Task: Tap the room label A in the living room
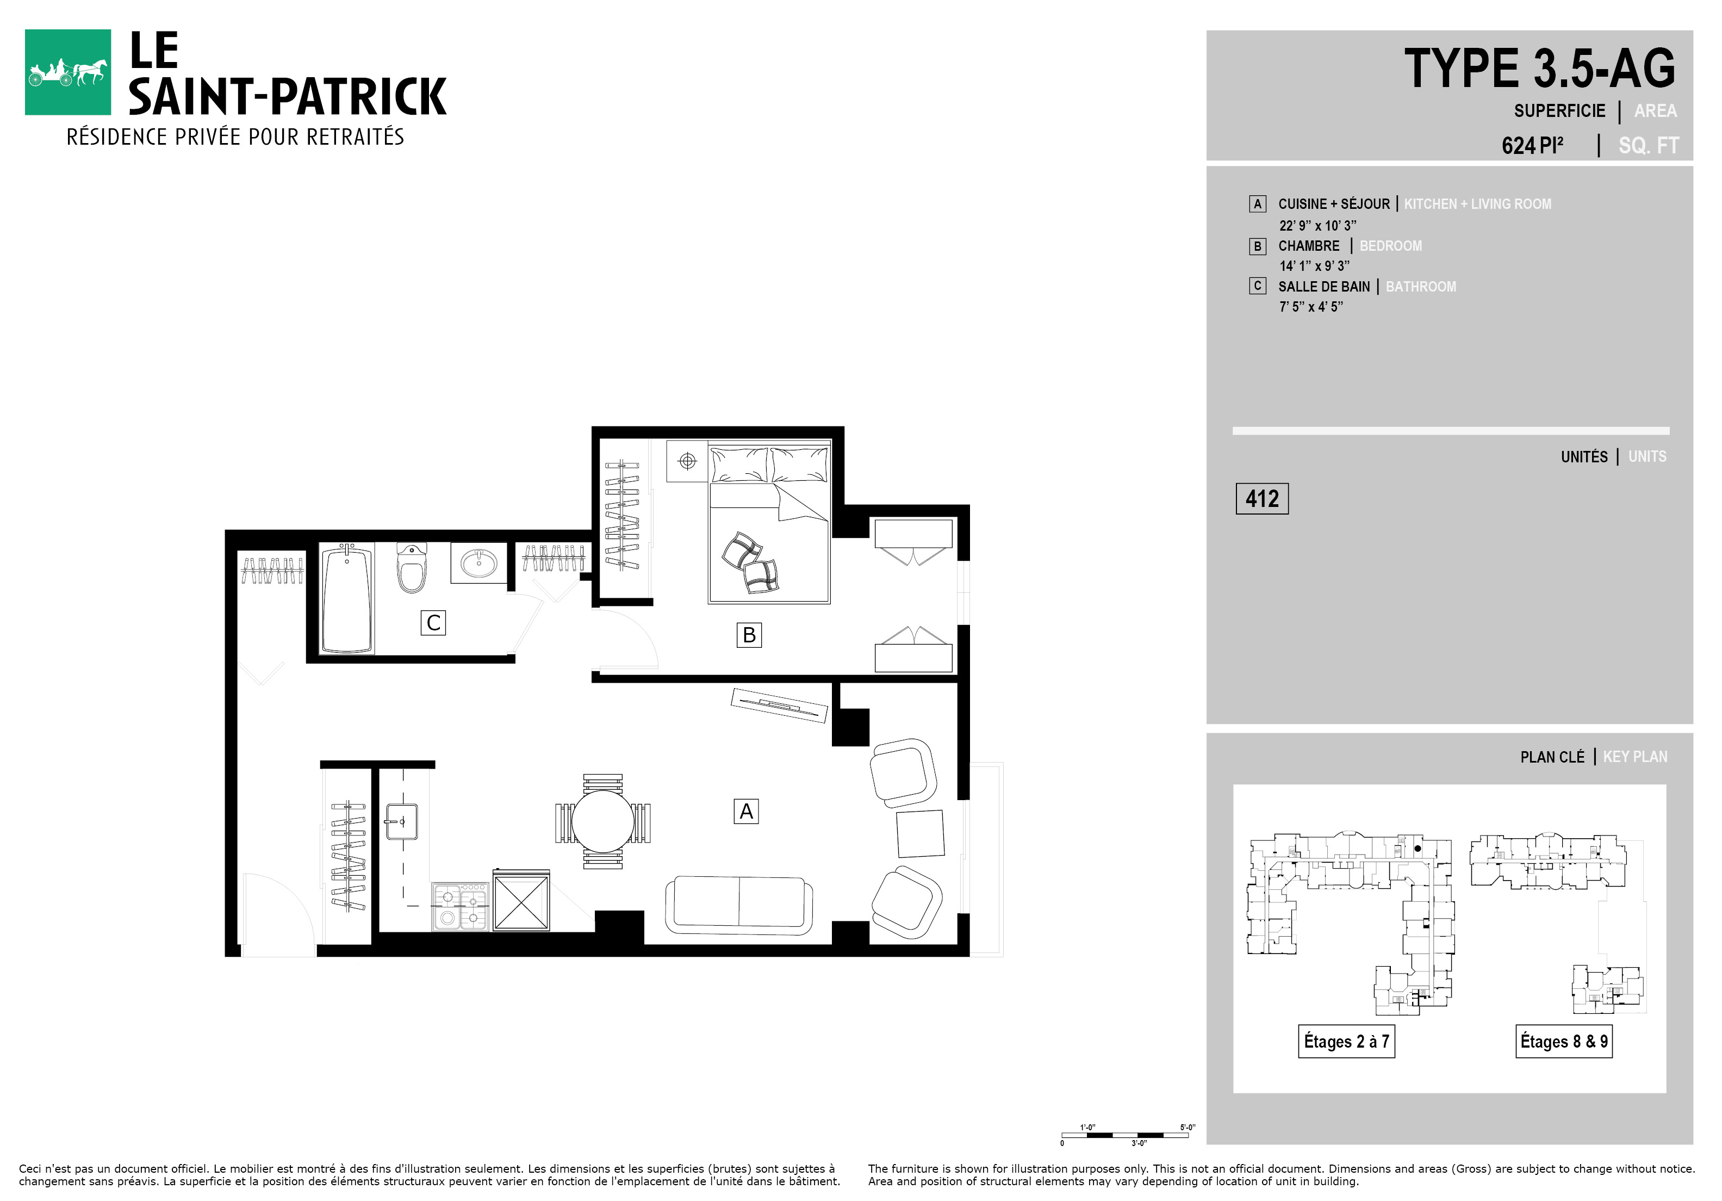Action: (745, 812)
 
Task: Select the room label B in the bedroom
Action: (749, 635)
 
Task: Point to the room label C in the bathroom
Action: (433, 623)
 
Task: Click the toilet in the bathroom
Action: (411, 568)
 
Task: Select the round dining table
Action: (603, 821)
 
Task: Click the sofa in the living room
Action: (739, 906)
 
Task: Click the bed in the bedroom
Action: (769, 522)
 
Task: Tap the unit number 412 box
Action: (1262, 499)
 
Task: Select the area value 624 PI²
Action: (1532, 145)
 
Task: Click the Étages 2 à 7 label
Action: (1346, 1041)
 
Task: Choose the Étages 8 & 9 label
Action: (1564, 1041)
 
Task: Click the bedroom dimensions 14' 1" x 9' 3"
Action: (1314, 265)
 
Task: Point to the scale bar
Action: (1125, 1135)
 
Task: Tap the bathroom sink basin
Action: (478, 562)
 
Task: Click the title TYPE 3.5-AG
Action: (1540, 69)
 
